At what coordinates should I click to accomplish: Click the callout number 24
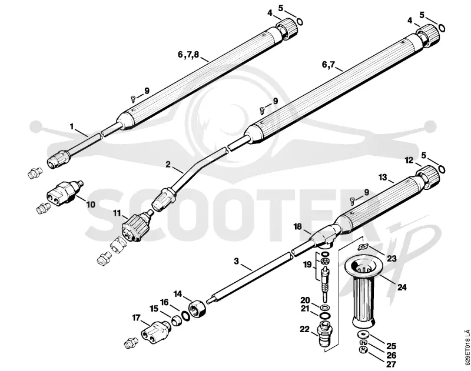pyautogui.click(x=402, y=288)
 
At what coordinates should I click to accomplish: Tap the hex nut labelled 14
pyautogui.click(x=197, y=309)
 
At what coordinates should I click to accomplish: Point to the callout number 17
pyautogui.click(x=137, y=317)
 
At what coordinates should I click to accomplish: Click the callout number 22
pyautogui.click(x=304, y=329)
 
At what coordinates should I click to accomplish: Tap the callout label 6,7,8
pyautogui.click(x=188, y=55)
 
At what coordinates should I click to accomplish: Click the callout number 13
pyautogui.click(x=383, y=178)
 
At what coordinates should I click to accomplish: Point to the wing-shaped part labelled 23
pyautogui.click(x=363, y=247)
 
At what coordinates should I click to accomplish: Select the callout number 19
pyautogui.click(x=307, y=265)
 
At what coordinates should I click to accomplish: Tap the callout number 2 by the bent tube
pyautogui.click(x=168, y=164)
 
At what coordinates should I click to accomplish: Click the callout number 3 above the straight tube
pyautogui.click(x=237, y=261)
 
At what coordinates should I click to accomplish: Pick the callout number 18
pyautogui.click(x=297, y=227)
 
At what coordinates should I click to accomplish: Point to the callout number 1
pyautogui.click(x=71, y=127)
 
